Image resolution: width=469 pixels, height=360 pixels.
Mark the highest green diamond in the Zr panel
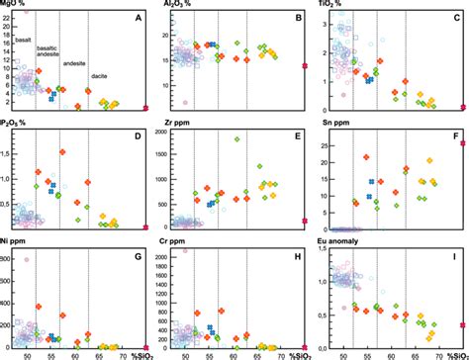237,139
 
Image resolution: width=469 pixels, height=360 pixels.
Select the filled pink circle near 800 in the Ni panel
27,260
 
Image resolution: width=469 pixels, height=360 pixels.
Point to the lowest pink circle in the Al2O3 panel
185,102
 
